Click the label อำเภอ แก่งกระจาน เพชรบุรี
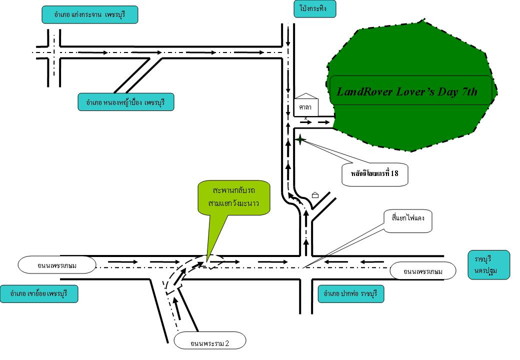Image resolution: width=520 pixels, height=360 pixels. coord(89,14)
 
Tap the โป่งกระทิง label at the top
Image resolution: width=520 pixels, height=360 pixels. coord(314,8)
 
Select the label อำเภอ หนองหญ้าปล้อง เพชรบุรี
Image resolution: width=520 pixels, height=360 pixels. coord(125,102)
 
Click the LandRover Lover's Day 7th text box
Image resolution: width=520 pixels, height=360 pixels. coord(411,90)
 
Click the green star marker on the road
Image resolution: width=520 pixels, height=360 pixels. coord(299,140)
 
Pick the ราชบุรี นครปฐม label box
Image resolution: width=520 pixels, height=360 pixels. coord(488,265)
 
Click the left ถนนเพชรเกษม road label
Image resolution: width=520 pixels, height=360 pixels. coord(56,265)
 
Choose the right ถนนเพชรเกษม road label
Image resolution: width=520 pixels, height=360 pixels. coord(423,271)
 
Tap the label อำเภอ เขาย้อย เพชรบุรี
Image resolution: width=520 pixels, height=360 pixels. coord(39,294)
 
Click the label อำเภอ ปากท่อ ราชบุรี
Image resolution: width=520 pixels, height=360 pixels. coord(350,294)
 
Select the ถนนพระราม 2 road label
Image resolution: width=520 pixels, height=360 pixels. coord(210,342)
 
